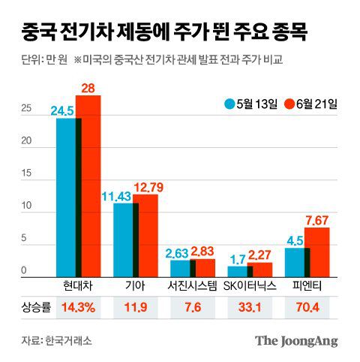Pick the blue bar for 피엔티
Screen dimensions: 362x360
coord(295,261)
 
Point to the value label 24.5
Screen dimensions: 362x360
coord(62,110)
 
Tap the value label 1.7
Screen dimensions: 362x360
coord(236,258)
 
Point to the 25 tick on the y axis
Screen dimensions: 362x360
coord(25,108)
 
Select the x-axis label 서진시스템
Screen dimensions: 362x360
coord(192,285)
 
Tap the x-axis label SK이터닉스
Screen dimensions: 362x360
coord(250,285)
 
